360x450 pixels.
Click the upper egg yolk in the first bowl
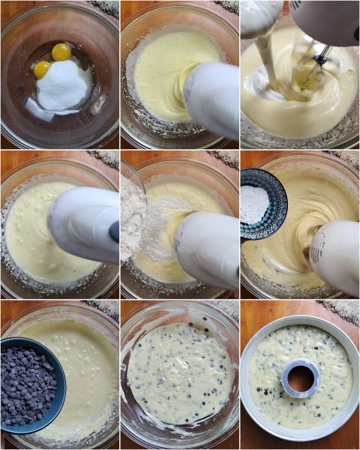(x=61, y=52)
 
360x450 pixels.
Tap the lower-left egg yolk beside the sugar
(x=42, y=70)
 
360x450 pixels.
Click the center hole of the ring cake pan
(x=301, y=378)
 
